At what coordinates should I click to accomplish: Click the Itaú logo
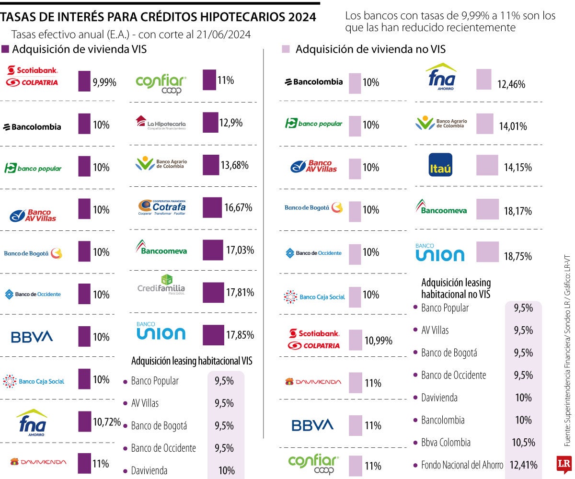point(440,165)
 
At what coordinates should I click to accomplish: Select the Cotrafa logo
point(161,207)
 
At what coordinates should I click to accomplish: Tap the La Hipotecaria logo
point(160,123)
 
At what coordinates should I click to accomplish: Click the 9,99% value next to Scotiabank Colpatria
point(104,82)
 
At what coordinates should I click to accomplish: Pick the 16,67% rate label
point(238,208)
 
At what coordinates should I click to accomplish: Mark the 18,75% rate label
point(517,256)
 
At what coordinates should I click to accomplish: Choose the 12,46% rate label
point(511,85)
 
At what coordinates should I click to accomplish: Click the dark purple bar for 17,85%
point(213,335)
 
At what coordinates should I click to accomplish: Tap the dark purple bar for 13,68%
point(210,165)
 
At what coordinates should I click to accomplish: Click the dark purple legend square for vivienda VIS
point(6,49)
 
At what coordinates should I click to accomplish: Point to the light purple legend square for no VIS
point(286,49)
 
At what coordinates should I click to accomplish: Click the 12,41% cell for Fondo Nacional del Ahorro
point(524,465)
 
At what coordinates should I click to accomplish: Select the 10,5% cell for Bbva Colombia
point(524,443)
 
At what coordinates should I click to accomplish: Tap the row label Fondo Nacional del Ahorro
point(462,465)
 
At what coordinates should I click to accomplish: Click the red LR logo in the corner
point(563,464)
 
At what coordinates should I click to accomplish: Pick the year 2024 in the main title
point(299,17)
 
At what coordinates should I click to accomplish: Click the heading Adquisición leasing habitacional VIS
point(192,361)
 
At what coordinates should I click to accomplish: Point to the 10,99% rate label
point(379,341)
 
